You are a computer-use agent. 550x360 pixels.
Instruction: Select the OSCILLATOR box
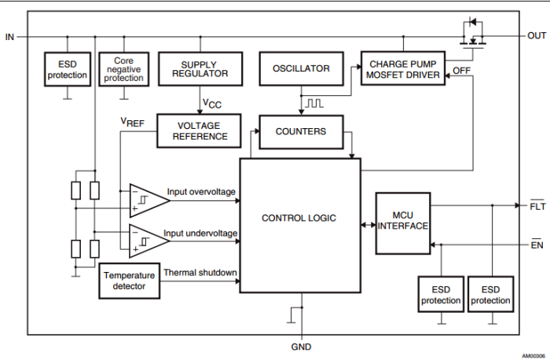(301, 68)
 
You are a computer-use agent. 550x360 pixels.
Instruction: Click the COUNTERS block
(301, 131)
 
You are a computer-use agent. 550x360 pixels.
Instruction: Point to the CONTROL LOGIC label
(299, 218)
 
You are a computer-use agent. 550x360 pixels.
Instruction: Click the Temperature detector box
(129, 281)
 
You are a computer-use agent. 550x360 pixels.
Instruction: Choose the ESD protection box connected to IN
(68, 70)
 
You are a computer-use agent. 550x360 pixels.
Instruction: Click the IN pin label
(9, 36)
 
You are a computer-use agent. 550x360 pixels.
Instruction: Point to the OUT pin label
(537, 36)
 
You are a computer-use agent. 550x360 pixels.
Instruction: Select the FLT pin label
(537, 206)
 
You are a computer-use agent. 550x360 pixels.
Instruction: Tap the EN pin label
(537, 245)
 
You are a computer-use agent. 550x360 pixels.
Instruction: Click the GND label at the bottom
(301, 347)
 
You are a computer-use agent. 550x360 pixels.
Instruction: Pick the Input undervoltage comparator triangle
(148, 240)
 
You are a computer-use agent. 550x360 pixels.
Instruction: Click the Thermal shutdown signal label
(200, 273)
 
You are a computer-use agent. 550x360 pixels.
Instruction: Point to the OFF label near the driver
(462, 72)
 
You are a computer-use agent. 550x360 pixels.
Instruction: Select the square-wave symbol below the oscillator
(314, 103)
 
